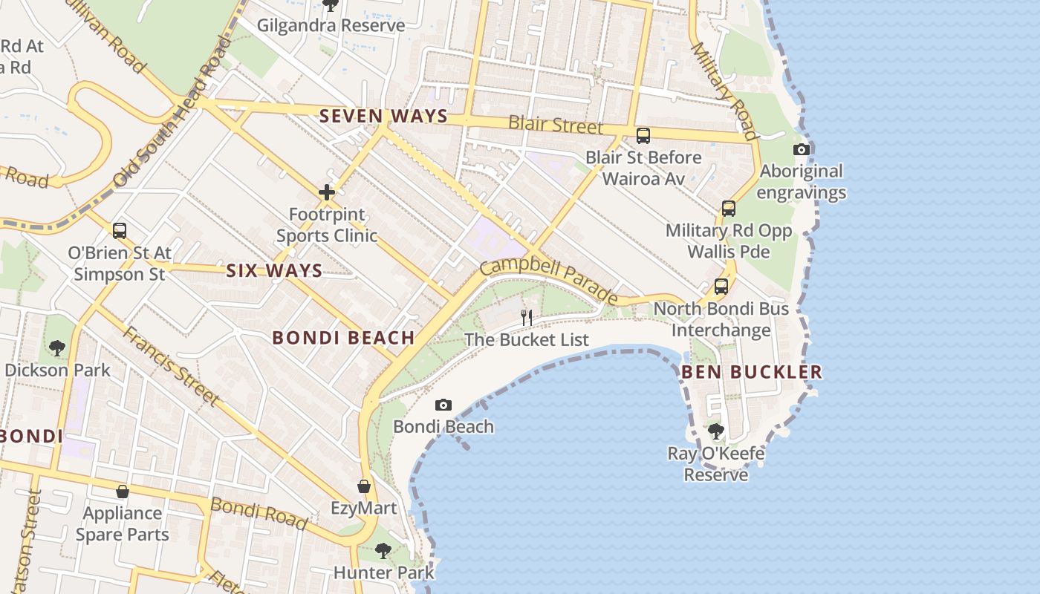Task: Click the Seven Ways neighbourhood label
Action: pyautogui.click(x=383, y=117)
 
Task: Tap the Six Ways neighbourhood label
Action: pyautogui.click(x=274, y=270)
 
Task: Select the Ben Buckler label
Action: pyautogui.click(x=752, y=372)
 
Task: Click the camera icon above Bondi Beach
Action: pyautogui.click(x=443, y=405)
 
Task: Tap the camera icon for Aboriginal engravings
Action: pyautogui.click(x=802, y=149)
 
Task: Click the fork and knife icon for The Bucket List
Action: pyautogui.click(x=527, y=317)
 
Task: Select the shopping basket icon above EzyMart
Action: pyautogui.click(x=364, y=486)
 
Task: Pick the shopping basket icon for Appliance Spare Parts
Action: pyautogui.click(x=123, y=492)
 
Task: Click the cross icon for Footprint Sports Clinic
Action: pyautogui.click(x=327, y=193)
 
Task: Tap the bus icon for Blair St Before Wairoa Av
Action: pyautogui.click(x=643, y=136)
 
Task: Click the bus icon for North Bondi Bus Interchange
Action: pyautogui.click(x=721, y=287)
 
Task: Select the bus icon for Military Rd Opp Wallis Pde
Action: pyautogui.click(x=729, y=209)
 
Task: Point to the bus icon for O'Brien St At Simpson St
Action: pyautogui.click(x=120, y=231)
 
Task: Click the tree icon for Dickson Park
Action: pyautogui.click(x=57, y=348)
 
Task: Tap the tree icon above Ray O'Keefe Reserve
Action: pyautogui.click(x=716, y=431)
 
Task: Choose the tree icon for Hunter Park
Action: pyautogui.click(x=383, y=550)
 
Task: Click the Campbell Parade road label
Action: pyautogui.click(x=549, y=280)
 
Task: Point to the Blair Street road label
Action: pyautogui.click(x=556, y=125)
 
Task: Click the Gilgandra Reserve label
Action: pyautogui.click(x=331, y=25)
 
